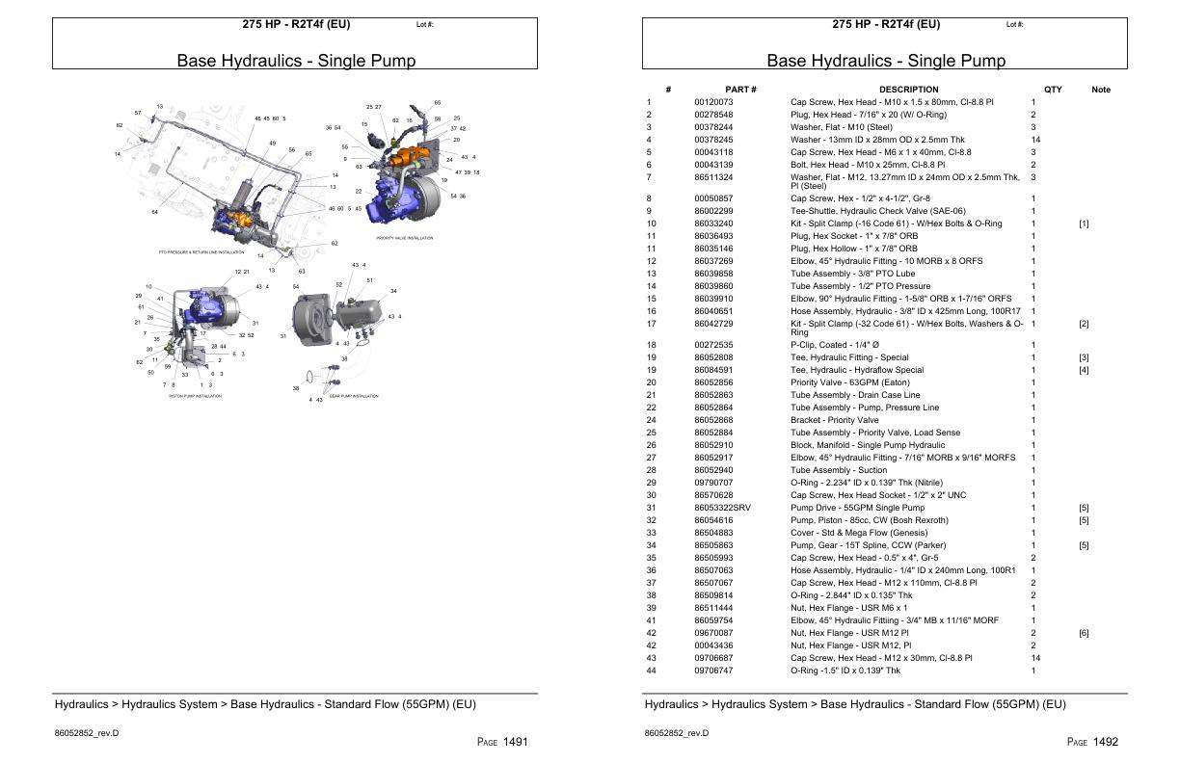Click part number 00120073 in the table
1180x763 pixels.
tap(713, 101)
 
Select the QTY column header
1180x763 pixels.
tap(1053, 90)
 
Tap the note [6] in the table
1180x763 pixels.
tap(1084, 633)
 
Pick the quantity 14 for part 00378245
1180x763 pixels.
tap(1035, 139)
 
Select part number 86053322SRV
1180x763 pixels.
tap(722, 508)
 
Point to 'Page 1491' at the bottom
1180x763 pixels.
tap(502, 742)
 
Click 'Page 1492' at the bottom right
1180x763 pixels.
tap(1092, 742)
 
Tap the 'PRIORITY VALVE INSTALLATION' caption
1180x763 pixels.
tap(404, 237)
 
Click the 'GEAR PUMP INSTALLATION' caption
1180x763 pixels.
tap(354, 396)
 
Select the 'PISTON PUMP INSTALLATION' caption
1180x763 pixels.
tap(195, 396)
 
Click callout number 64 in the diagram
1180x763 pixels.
tap(154, 212)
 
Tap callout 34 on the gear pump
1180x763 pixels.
tap(393, 291)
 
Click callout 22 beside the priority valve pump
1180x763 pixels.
tap(359, 191)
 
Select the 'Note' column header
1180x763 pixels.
tap(1100, 90)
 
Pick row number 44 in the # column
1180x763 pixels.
tap(649, 671)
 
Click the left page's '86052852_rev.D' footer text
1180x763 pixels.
tap(86, 733)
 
